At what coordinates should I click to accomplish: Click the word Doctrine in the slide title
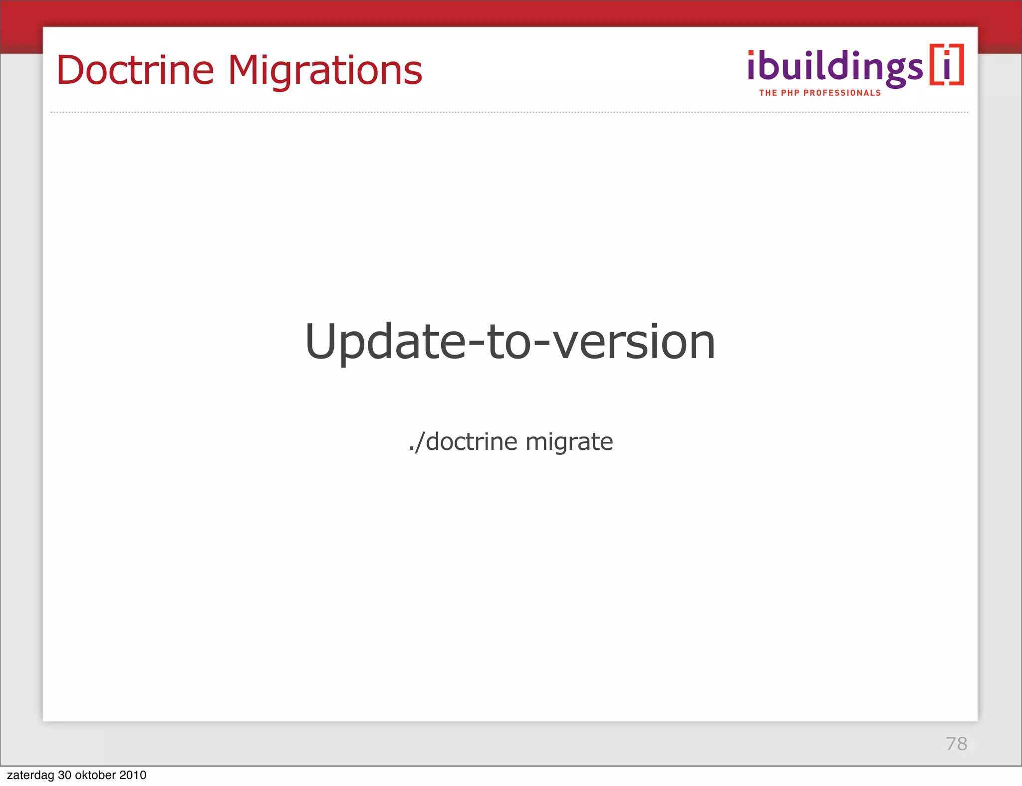pyautogui.click(x=135, y=70)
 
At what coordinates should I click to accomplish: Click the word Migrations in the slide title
pyautogui.click(x=325, y=71)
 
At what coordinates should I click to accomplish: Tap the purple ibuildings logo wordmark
pyautogui.click(x=835, y=67)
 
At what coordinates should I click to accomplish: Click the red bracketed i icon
pyautogui.click(x=947, y=65)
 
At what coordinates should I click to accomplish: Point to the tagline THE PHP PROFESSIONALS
pyautogui.click(x=820, y=93)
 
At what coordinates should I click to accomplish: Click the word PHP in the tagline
pyautogui.click(x=790, y=93)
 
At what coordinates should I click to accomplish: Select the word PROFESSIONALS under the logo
pyautogui.click(x=842, y=93)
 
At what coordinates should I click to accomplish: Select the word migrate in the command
pyautogui.click(x=569, y=442)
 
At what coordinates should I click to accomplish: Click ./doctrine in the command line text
pyautogui.click(x=463, y=442)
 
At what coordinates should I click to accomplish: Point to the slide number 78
pyautogui.click(x=956, y=744)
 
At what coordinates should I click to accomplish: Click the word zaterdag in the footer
pyautogui.click(x=30, y=776)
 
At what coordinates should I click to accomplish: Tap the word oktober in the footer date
pyautogui.click(x=95, y=776)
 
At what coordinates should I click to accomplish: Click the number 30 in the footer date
pyautogui.click(x=64, y=776)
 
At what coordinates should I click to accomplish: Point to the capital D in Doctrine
pyautogui.click(x=73, y=70)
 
